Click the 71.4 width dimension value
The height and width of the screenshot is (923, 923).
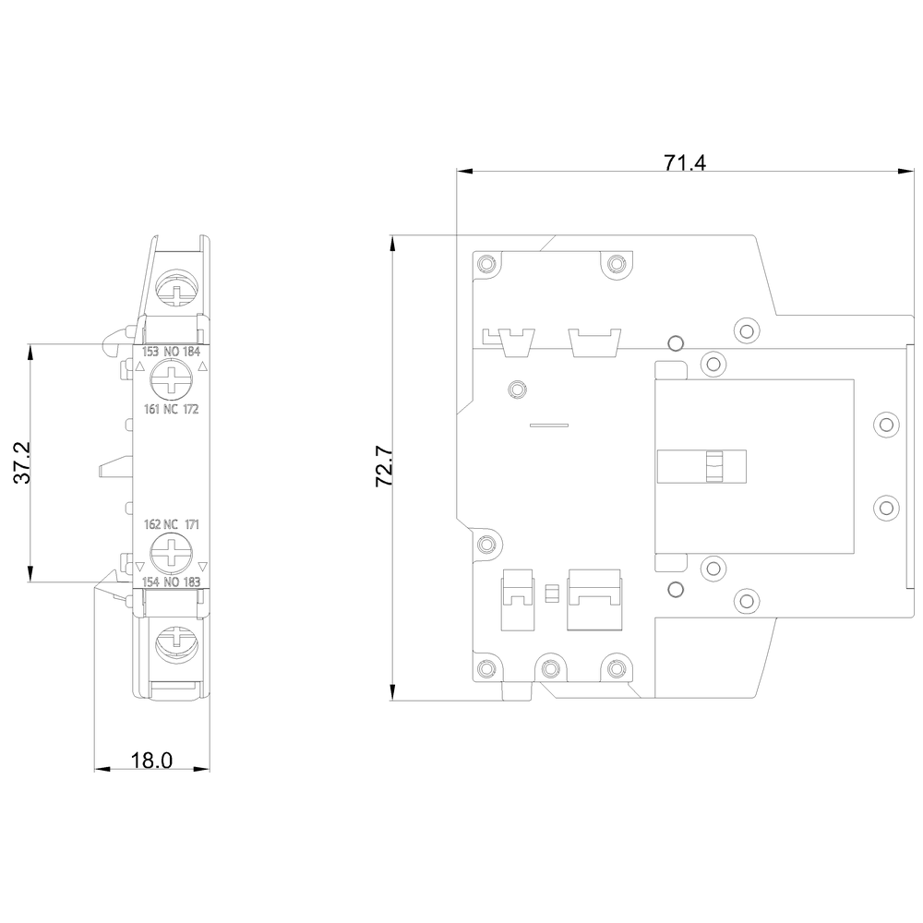point(685,162)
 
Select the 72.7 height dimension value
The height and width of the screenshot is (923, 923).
point(384,467)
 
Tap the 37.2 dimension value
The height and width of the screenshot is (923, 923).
point(22,462)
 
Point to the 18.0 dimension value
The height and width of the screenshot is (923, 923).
point(151,760)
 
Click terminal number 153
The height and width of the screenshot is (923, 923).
point(150,352)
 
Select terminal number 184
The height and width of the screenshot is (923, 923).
point(192,352)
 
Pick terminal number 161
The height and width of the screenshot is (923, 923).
point(152,409)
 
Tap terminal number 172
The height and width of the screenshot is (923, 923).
point(191,409)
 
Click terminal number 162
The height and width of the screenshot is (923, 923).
point(152,524)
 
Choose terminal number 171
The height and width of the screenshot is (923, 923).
point(193,524)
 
